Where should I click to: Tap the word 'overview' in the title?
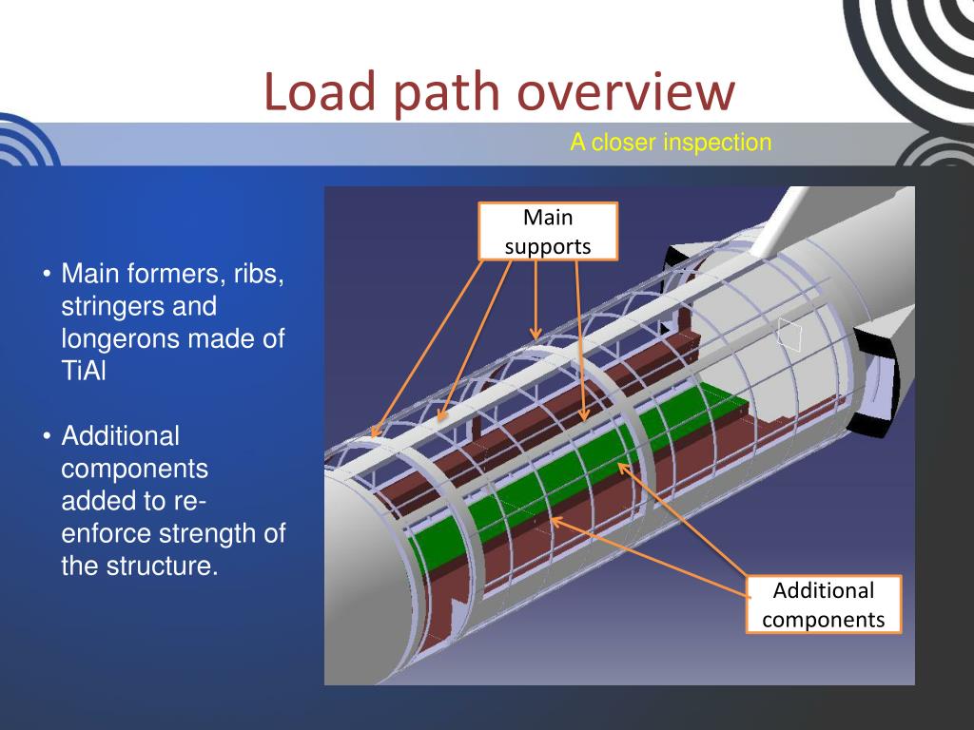coord(626,94)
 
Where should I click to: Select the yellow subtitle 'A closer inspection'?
coord(671,144)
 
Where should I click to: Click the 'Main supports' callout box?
coord(548,232)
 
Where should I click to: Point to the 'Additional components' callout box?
coord(823,605)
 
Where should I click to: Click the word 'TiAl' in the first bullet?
coord(84,372)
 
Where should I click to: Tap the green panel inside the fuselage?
coord(571,466)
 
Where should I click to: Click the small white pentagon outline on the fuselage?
coord(789,334)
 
